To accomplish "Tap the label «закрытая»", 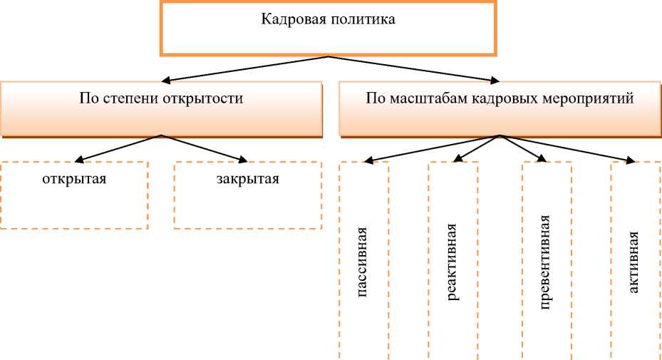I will [x=248, y=178].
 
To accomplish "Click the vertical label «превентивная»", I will [x=545, y=261].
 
